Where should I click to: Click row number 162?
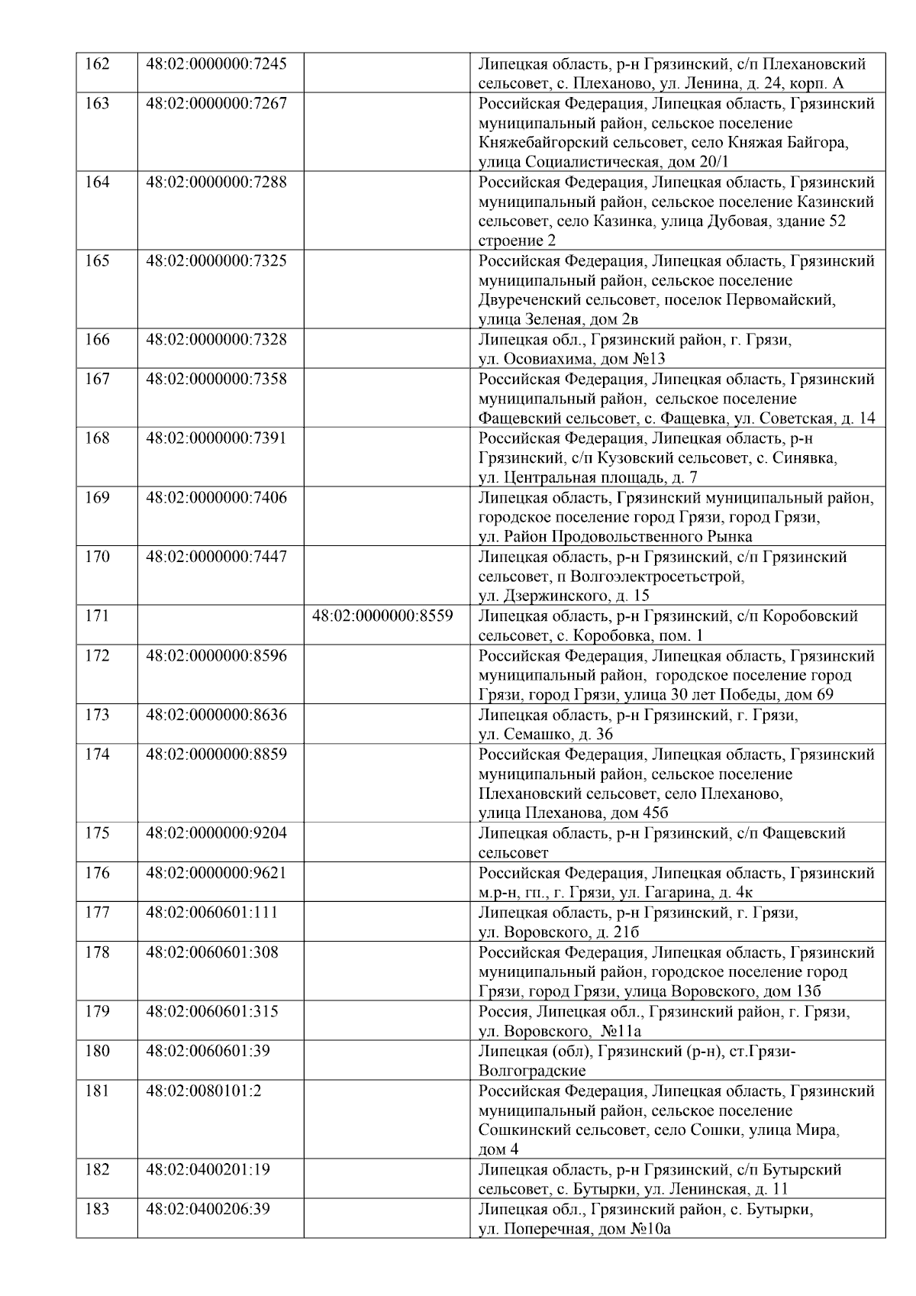[x=97, y=64]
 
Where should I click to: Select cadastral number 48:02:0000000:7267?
[x=216, y=104]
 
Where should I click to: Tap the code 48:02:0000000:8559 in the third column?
[x=382, y=616]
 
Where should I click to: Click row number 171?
[x=97, y=616]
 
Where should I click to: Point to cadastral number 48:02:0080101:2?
[x=203, y=1091]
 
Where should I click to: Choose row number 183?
[x=97, y=1210]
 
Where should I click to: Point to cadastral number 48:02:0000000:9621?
[x=216, y=873]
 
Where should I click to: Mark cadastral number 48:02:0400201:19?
[x=208, y=1170]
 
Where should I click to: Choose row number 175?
[x=97, y=833]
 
